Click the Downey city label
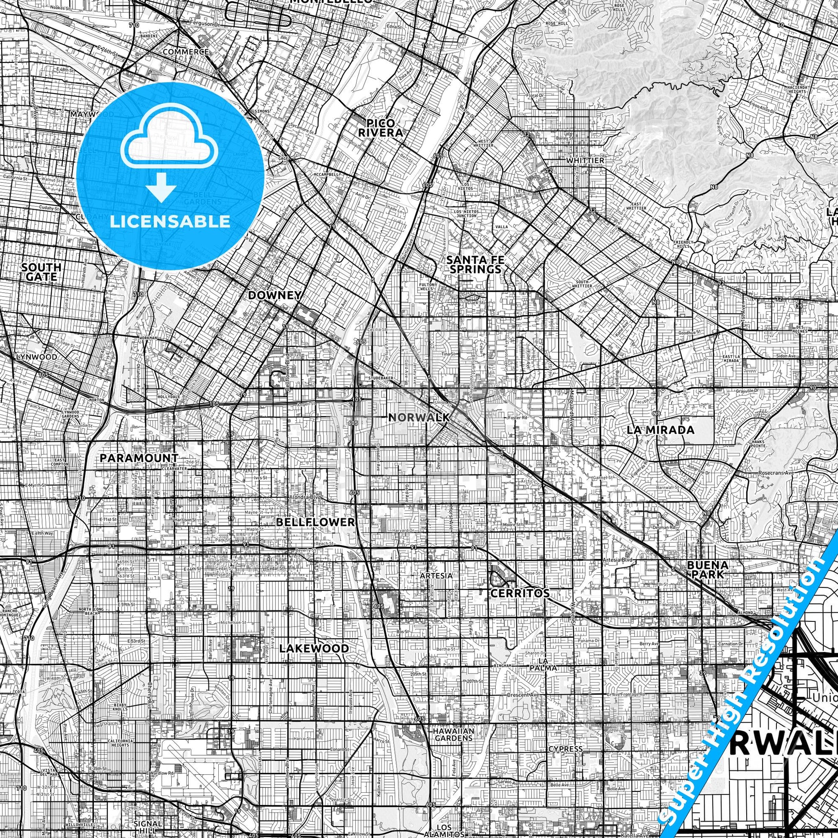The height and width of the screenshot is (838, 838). (x=275, y=295)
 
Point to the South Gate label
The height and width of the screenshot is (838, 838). (x=41, y=272)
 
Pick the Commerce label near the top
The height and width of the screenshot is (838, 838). (x=186, y=52)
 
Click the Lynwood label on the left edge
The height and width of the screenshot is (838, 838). (x=37, y=357)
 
